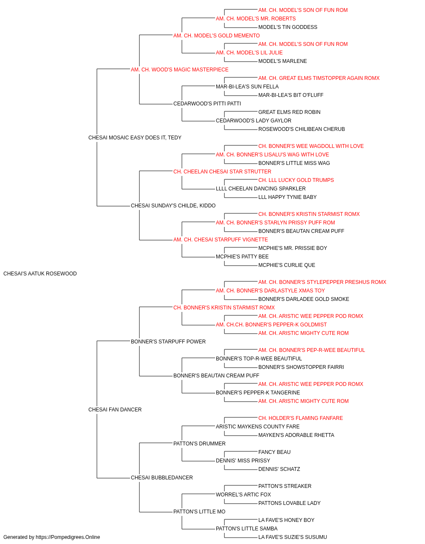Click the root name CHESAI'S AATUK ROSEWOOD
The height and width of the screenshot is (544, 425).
click(x=40, y=274)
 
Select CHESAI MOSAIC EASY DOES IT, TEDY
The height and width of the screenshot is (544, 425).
click(x=135, y=138)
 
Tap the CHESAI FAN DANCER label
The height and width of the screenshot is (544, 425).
click(x=115, y=410)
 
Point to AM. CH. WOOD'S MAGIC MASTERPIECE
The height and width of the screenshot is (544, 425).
click(x=179, y=70)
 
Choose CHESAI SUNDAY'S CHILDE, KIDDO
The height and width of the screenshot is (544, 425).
click(x=173, y=206)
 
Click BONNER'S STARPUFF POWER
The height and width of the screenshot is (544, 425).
click(x=168, y=342)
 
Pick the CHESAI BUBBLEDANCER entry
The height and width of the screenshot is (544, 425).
click(x=161, y=478)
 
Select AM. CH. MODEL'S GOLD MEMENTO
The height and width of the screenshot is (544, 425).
click(x=216, y=36)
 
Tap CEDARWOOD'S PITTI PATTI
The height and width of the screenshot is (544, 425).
click(x=207, y=104)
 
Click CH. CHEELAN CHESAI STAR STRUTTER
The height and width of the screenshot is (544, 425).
click(x=222, y=172)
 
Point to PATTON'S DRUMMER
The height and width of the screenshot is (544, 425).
click(x=199, y=444)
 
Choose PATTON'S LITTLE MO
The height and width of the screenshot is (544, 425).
click(x=199, y=512)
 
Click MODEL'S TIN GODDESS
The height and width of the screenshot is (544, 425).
click(x=288, y=27)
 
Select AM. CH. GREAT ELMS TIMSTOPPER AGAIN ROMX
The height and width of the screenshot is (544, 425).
click(x=319, y=78)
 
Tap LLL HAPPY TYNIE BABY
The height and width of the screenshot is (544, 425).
click(x=287, y=197)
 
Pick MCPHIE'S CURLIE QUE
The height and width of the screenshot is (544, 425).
click(x=286, y=265)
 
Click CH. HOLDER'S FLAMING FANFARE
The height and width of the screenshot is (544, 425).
click(x=300, y=418)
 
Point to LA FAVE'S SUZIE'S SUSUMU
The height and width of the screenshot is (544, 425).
click(x=292, y=537)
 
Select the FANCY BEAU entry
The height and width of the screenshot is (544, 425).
click(x=274, y=452)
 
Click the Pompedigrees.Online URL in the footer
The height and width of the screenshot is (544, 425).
click(x=68, y=537)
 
